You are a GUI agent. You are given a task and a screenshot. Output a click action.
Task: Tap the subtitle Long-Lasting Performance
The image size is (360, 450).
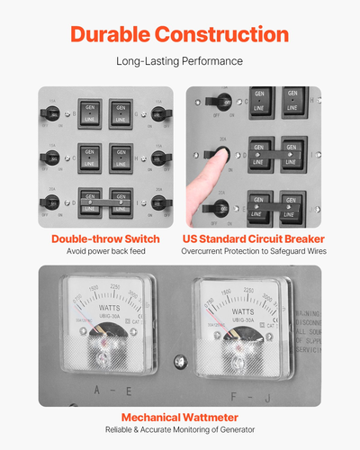click(x=180, y=63)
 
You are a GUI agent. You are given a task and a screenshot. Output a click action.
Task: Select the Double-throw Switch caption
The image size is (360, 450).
click(x=106, y=238)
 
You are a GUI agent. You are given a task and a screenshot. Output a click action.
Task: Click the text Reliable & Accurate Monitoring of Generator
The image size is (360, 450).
click(x=179, y=430)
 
